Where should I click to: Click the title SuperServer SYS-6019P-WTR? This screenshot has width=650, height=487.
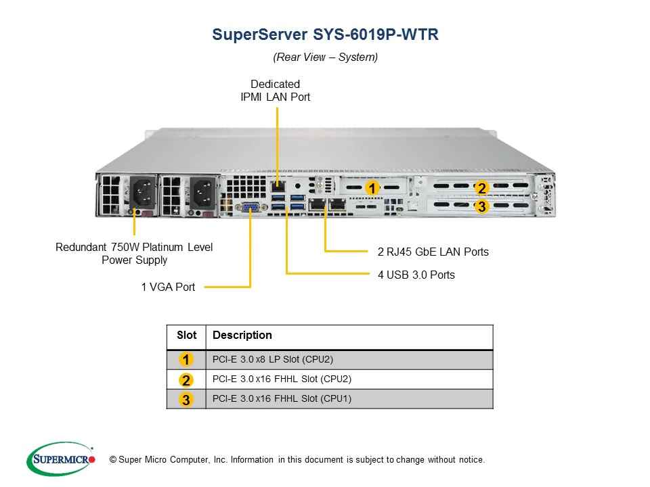point(325,34)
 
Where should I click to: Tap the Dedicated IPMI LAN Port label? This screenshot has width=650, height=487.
point(276,90)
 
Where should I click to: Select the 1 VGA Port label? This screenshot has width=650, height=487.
point(168,287)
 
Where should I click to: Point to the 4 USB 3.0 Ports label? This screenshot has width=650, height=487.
point(416,275)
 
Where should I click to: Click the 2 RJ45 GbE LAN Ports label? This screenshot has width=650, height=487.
point(433,252)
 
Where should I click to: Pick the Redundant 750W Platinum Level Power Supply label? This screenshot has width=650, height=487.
point(134,254)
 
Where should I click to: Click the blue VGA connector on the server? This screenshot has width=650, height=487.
point(251,207)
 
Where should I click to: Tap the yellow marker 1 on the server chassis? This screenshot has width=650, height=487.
point(372,188)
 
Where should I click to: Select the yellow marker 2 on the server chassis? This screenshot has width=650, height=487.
point(481,188)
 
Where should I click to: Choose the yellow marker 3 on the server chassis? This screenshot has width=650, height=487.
point(481,206)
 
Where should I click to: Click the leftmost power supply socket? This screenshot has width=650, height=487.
point(144,192)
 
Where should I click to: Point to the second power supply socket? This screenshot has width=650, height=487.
point(203,193)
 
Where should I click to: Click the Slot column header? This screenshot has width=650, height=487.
point(187,335)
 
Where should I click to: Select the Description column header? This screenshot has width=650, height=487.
point(242,335)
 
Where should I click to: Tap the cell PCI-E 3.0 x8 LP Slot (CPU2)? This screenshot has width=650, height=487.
point(273,359)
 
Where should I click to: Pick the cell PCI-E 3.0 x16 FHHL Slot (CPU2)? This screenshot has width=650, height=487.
point(282,379)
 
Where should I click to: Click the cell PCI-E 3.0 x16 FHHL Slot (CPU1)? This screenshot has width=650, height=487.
point(282,399)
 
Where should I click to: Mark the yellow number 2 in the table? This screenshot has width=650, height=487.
point(186,379)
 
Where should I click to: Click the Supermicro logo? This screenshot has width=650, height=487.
point(61,459)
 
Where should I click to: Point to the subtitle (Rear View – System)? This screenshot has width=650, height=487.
point(326,57)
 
